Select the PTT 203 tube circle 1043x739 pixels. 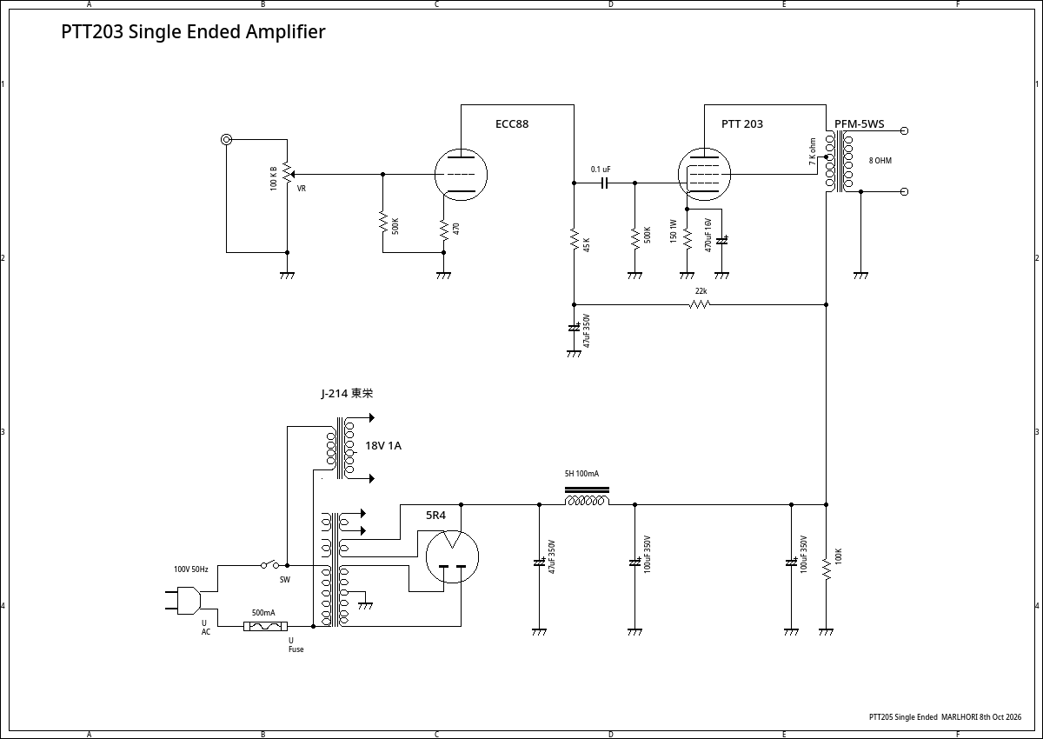click(705, 148)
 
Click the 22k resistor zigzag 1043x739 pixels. click(700, 304)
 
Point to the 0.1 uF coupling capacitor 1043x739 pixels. click(604, 183)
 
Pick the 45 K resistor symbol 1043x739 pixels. click(575, 240)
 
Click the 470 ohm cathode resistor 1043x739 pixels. click(444, 230)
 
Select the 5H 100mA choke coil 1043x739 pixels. click(587, 496)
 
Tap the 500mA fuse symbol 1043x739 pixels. click(265, 626)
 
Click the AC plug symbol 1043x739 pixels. click(184, 600)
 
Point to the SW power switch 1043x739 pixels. click(270, 564)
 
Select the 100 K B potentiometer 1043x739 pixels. click(288, 174)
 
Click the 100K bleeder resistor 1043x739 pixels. click(826, 569)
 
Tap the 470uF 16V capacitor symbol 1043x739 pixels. click(721, 241)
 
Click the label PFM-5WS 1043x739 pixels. click(859, 123)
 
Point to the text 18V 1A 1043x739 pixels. click(383, 446)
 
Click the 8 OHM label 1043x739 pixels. click(880, 161)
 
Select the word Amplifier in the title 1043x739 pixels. click(285, 31)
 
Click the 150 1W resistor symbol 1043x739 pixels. click(687, 238)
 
